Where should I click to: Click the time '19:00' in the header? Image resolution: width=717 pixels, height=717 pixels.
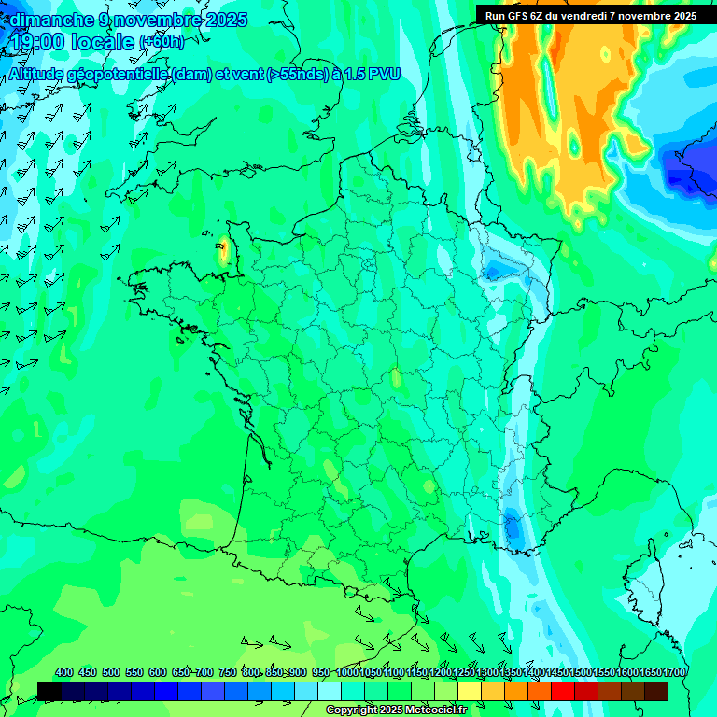point(38,41)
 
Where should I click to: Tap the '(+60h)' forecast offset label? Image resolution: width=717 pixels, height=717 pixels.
point(162,41)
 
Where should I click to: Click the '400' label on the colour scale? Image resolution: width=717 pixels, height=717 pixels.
point(64,672)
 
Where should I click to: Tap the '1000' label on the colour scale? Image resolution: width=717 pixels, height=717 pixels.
point(347,672)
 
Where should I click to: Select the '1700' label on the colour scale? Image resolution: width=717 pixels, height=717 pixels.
point(674,672)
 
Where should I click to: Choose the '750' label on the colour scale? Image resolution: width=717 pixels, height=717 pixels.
point(228,672)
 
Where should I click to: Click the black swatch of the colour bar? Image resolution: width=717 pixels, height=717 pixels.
point(49,691)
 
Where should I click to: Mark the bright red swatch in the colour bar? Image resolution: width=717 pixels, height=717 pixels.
point(563,691)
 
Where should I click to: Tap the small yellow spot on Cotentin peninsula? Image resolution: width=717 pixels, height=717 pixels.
point(223,249)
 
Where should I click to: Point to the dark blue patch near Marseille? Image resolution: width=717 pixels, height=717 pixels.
point(513,529)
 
